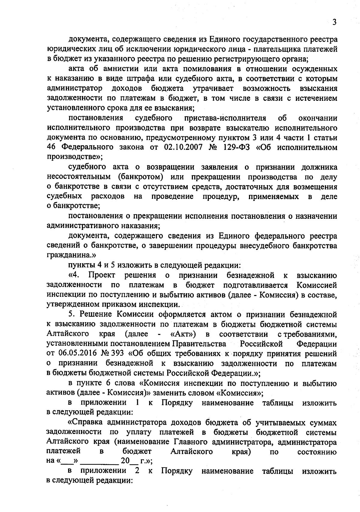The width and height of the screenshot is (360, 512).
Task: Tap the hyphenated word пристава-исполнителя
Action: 225,118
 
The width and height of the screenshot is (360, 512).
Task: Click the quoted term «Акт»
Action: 183,334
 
